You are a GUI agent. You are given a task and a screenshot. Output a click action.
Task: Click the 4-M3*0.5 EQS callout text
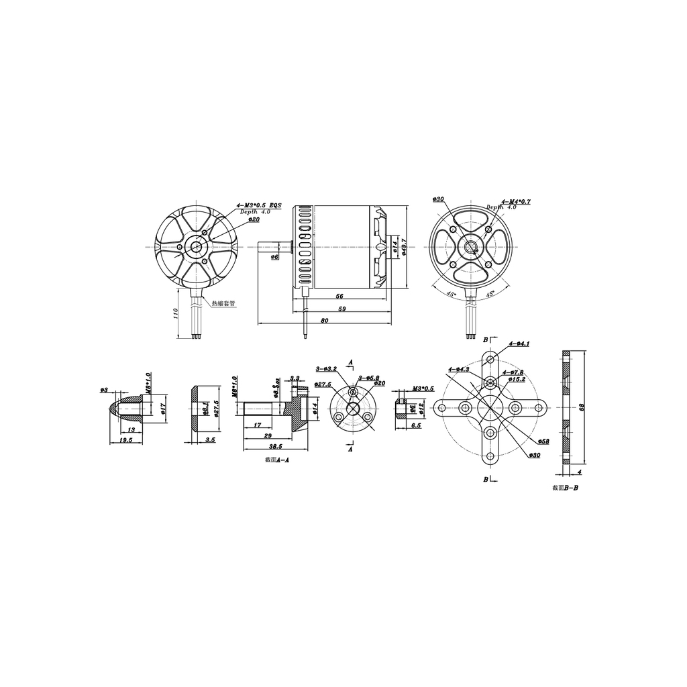point(260,205)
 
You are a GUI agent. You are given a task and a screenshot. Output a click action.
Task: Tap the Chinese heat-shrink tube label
point(223,303)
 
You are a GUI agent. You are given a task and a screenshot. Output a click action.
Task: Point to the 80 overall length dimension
point(325,321)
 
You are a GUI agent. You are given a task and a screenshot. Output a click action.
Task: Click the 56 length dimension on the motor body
point(340,296)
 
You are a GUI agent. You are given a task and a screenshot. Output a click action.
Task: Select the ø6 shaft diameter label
point(275,257)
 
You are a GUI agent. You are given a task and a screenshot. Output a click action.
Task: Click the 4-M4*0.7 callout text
point(516,201)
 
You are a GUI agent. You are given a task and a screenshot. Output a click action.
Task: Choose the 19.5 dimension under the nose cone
point(125,440)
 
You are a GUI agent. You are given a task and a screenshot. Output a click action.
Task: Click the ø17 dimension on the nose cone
point(164,407)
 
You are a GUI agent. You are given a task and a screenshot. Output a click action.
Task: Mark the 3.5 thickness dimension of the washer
point(210,440)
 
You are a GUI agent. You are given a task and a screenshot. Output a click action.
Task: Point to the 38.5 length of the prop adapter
point(274,445)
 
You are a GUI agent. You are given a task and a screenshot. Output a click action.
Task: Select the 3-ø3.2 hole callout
point(326,368)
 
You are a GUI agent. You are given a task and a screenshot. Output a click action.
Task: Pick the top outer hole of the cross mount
point(491,360)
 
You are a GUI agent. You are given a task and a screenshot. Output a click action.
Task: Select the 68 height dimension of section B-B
point(583,407)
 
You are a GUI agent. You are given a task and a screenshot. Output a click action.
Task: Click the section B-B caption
point(564,488)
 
